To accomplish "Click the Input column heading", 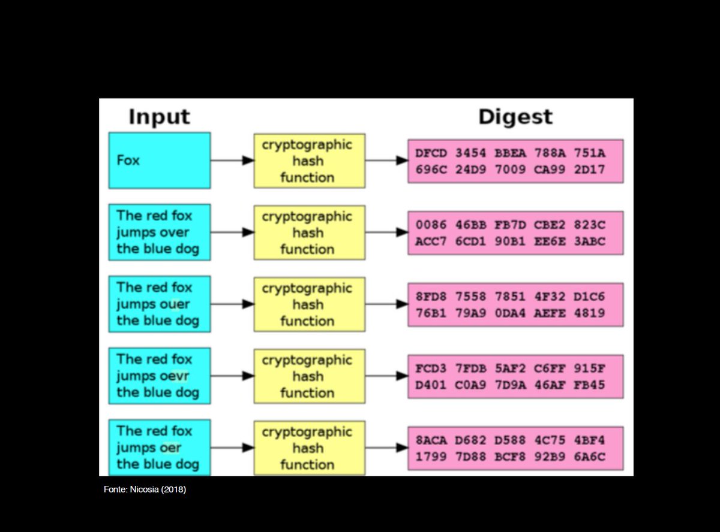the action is [x=159, y=117].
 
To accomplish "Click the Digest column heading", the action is [x=515, y=117].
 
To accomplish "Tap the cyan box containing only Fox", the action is [x=160, y=161].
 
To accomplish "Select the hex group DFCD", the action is [x=431, y=153].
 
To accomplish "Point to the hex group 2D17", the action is [x=590, y=170].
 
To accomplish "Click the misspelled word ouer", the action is [x=175, y=304].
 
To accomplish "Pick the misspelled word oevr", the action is [x=175, y=376].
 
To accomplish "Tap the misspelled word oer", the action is [x=170, y=448].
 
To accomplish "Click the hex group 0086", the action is [x=431, y=225].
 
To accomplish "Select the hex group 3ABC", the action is [x=590, y=241].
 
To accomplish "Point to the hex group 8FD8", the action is [x=431, y=297].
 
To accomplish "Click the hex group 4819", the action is [x=590, y=313].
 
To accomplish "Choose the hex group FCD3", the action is [x=431, y=368].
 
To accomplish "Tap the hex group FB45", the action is [x=590, y=385].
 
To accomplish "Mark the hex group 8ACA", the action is [x=431, y=440].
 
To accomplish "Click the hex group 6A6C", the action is [x=590, y=457].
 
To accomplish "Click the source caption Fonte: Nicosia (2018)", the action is [x=145, y=490].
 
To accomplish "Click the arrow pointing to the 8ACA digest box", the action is [x=387, y=448].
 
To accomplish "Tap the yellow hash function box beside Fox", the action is [x=309, y=161].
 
